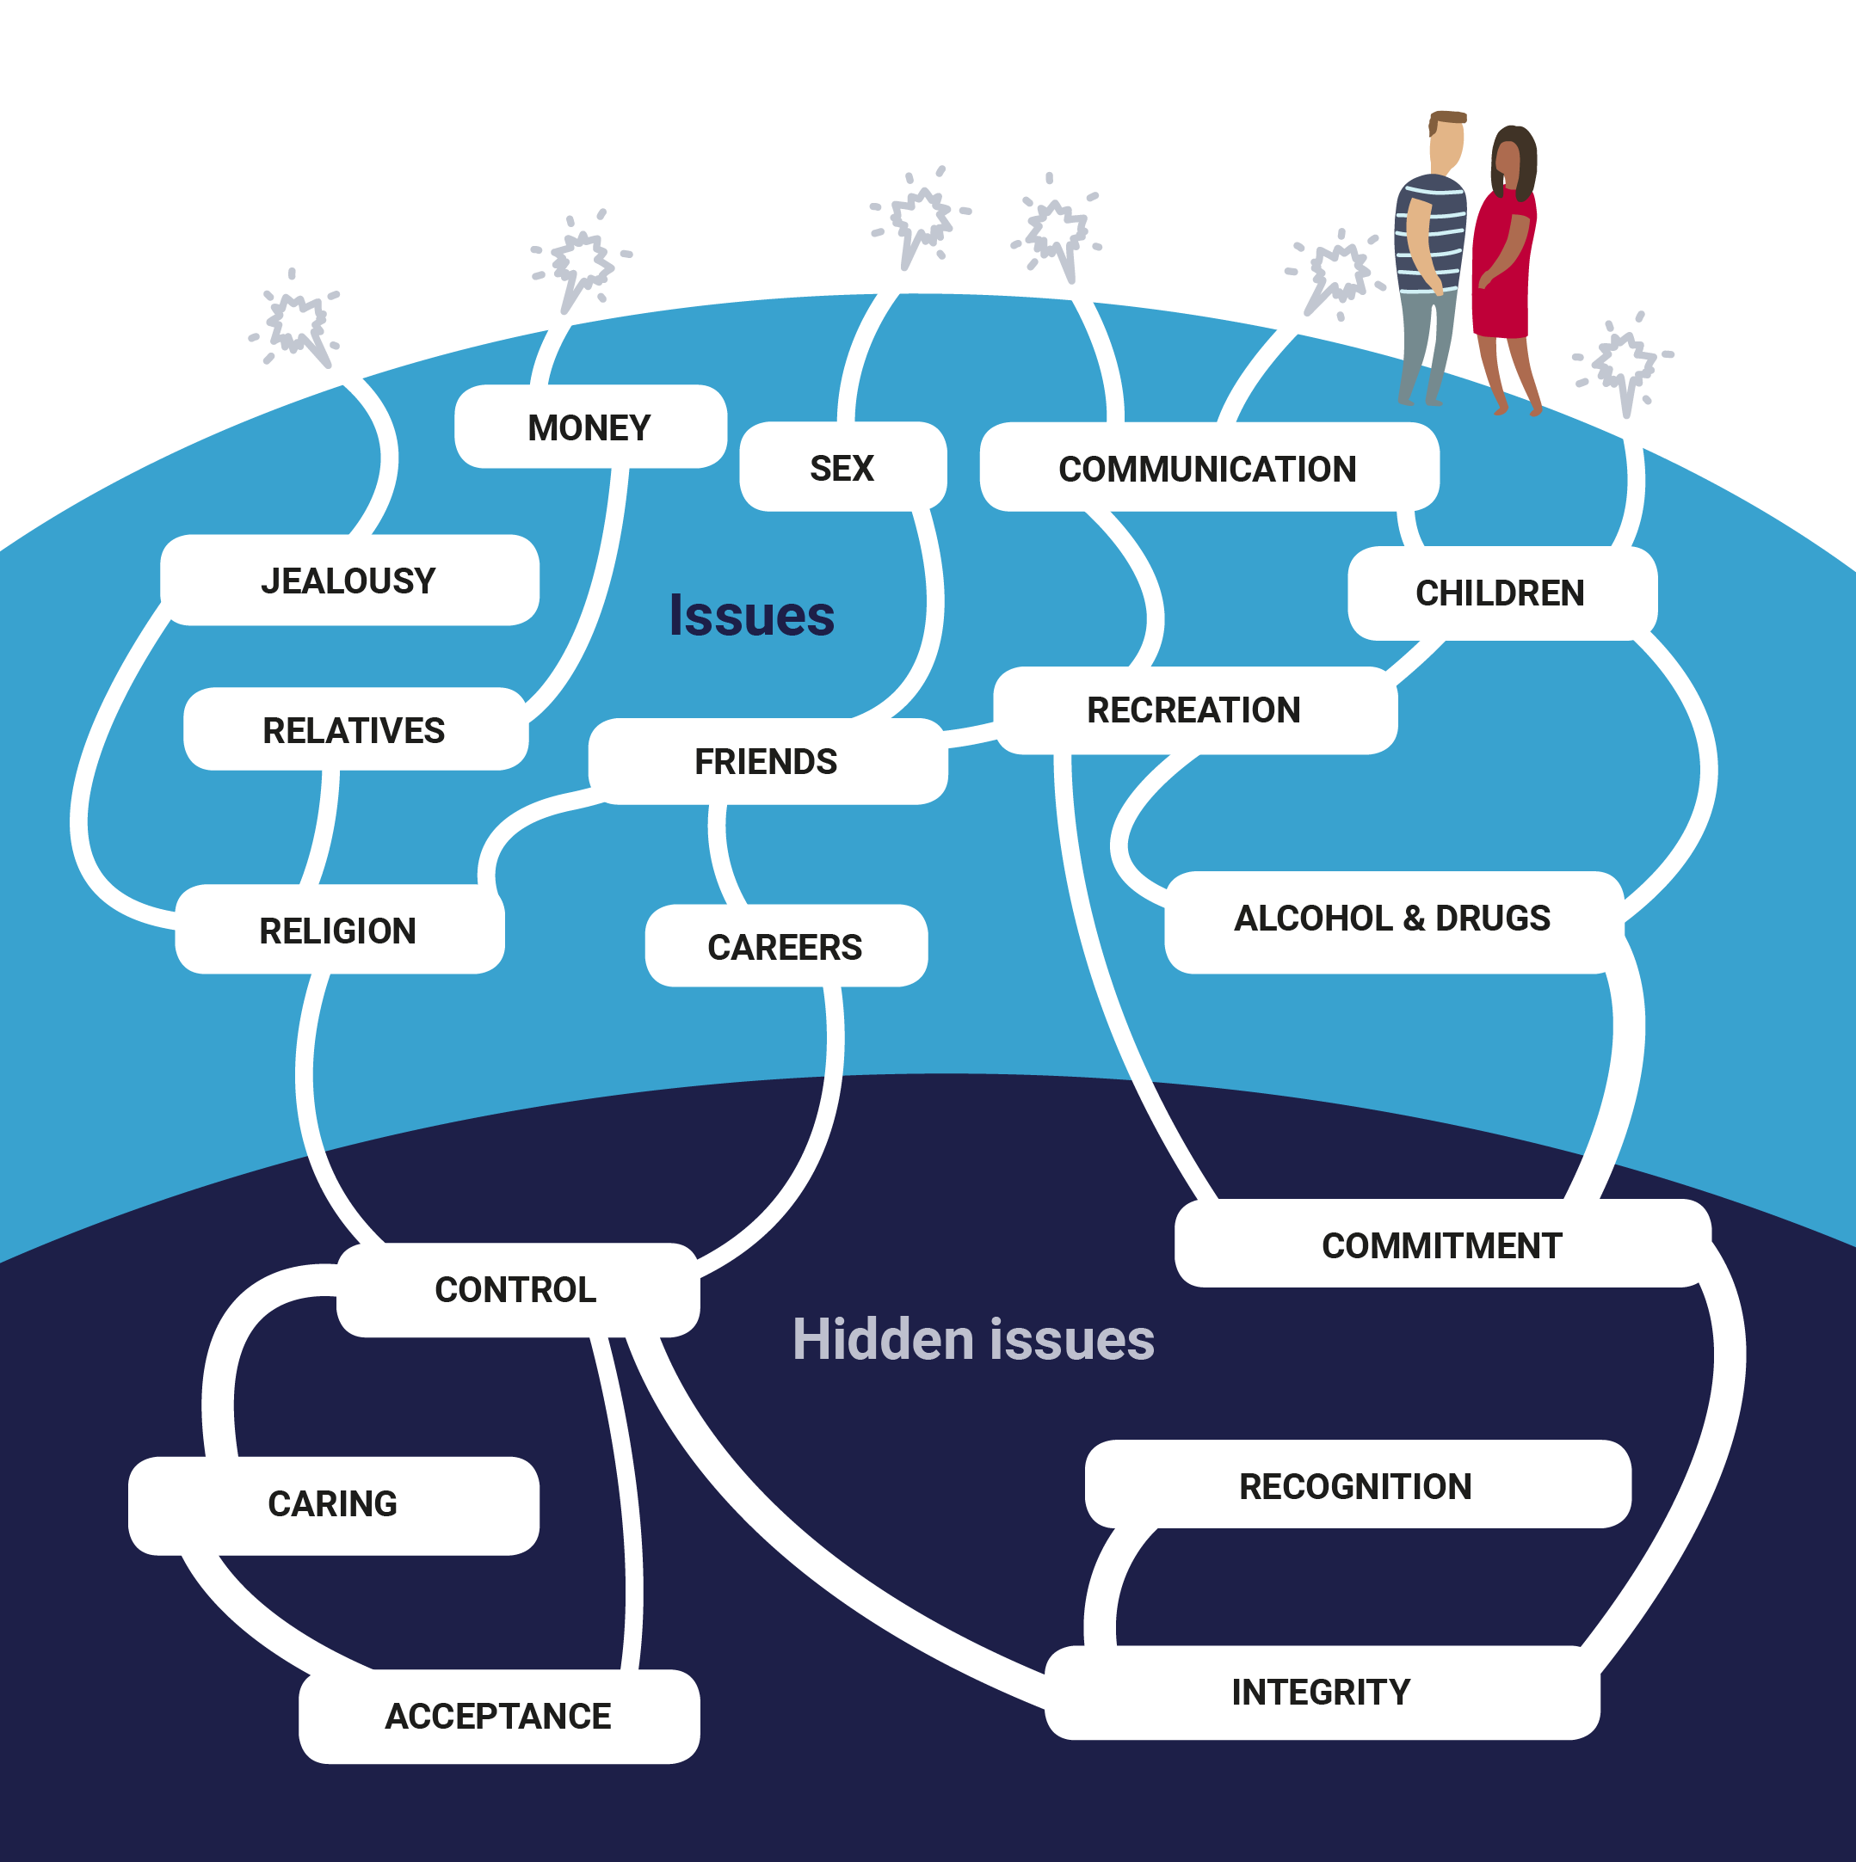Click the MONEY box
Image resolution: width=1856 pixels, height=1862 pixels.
[590, 427]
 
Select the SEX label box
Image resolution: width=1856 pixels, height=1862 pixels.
[842, 467]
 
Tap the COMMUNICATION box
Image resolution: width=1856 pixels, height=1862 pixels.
[1208, 469]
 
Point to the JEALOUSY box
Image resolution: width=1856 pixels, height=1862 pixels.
[349, 581]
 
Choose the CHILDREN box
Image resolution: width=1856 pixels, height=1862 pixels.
[1501, 593]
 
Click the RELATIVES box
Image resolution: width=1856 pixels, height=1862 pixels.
[355, 729]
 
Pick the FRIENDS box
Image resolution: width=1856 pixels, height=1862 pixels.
[767, 760]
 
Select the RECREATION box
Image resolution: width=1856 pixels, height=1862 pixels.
[1193, 710]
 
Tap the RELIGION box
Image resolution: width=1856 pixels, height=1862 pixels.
[338, 930]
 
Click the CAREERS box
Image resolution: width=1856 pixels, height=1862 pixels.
[785, 946]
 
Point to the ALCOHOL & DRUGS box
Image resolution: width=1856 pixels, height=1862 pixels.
[1392, 918]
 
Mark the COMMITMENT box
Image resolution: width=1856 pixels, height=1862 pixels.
[1441, 1245]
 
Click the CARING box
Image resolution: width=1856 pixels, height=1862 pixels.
[333, 1503]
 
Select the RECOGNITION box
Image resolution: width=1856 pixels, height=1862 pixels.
[1355, 1486]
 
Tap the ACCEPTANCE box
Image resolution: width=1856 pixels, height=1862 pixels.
[498, 1716]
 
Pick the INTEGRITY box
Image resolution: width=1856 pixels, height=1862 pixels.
[1321, 1692]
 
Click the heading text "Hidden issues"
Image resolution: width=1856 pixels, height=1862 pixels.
[973, 1340]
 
